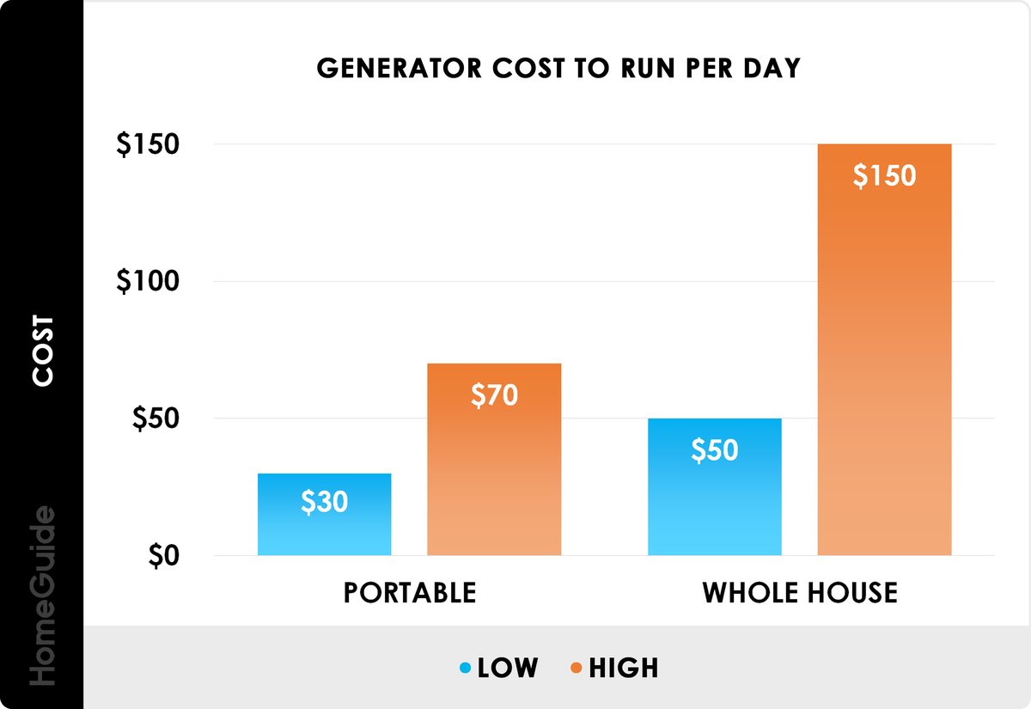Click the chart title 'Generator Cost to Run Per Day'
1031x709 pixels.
click(558, 69)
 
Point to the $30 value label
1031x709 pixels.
click(324, 503)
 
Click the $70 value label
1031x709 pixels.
click(494, 394)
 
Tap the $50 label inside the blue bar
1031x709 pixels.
click(714, 449)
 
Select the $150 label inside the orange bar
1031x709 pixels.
click(884, 175)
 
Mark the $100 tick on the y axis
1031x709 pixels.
click(148, 281)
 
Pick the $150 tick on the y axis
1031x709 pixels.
click(148, 144)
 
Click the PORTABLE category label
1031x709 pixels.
click(409, 593)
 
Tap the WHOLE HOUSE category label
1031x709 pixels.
click(800, 593)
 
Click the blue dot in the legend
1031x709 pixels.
click(465, 668)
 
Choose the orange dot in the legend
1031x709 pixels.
click(576, 668)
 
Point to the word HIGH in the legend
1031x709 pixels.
click(623, 668)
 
